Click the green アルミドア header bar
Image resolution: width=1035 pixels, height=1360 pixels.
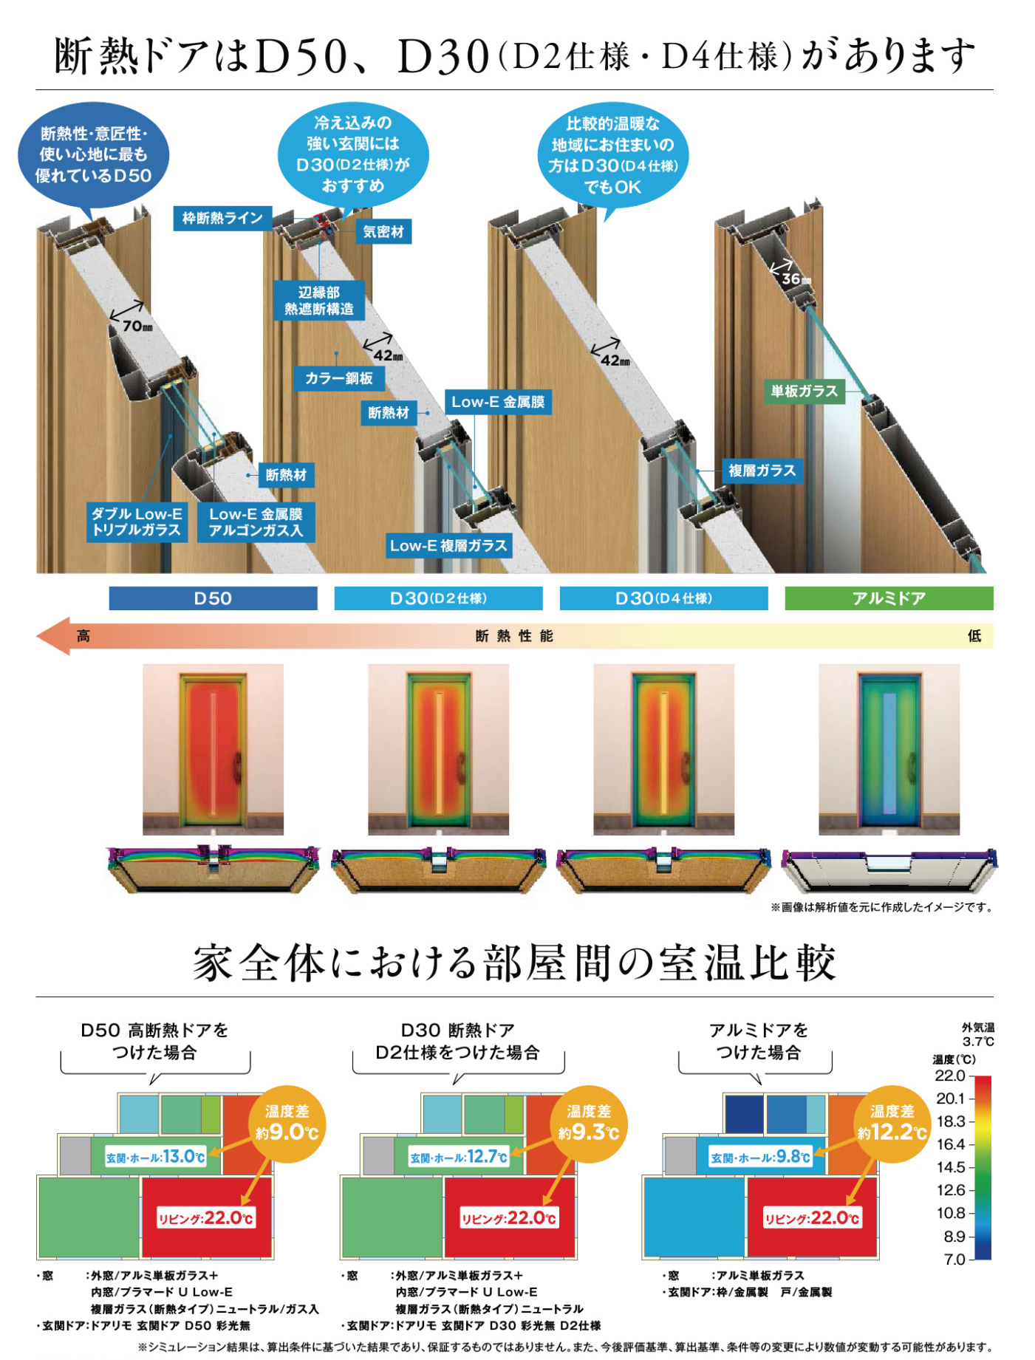[x=888, y=598]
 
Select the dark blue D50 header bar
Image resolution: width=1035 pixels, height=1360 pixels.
[x=213, y=598]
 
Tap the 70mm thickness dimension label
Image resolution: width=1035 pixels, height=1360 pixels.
[x=137, y=326]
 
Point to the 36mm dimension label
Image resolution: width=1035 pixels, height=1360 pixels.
[x=796, y=279]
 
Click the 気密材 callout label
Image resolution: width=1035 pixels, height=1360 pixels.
[x=383, y=232]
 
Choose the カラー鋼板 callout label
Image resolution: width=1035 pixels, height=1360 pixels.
[x=339, y=378]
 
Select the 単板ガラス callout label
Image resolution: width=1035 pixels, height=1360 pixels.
[x=804, y=391]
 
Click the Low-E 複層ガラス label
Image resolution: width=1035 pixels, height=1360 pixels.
[x=448, y=546]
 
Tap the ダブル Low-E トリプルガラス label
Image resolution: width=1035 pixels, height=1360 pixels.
[x=137, y=522]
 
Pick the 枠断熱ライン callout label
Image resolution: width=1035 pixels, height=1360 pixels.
[x=222, y=218]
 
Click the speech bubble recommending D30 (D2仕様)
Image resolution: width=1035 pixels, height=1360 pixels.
[x=352, y=154]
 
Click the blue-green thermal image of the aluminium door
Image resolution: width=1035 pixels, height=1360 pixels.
[x=889, y=749]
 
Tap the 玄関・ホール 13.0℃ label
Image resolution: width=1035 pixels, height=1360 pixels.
[x=155, y=1157]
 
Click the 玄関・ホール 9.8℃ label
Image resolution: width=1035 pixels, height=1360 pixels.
[x=760, y=1157]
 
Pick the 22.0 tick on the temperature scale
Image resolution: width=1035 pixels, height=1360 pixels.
[x=950, y=1076]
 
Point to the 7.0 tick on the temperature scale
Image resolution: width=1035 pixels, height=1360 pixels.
[x=954, y=1259]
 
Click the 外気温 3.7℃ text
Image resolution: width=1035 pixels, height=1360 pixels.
[x=977, y=1034]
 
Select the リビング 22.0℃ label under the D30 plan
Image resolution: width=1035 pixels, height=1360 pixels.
[x=508, y=1217]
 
